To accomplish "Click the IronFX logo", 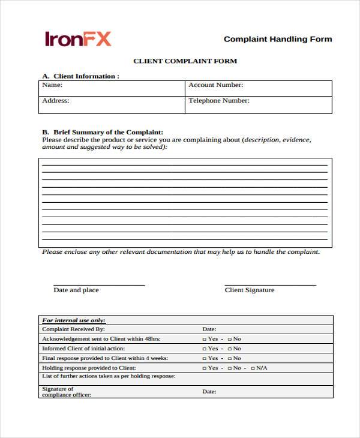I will click(x=78, y=39).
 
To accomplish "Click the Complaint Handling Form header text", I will click(x=277, y=39).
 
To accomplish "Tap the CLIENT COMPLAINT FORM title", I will click(x=185, y=61).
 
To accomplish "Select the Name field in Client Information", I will click(x=112, y=88).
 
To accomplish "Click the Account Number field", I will click(x=258, y=88).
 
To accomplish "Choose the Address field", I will click(x=112, y=104).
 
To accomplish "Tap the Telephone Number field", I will click(x=258, y=104).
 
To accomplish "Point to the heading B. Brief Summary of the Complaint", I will click(x=103, y=132).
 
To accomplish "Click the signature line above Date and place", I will click(x=99, y=285).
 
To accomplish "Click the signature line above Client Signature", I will click(x=270, y=285).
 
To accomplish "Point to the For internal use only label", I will click(x=74, y=320).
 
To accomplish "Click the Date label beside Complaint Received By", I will click(x=209, y=329).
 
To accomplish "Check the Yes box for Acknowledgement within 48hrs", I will click(x=205, y=339).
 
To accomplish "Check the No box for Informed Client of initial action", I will click(x=230, y=349).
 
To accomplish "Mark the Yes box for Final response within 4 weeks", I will click(x=205, y=358).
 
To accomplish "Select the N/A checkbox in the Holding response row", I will click(x=253, y=368).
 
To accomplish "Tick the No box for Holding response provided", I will click(x=230, y=368).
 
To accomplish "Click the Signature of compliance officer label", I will click(x=58, y=391).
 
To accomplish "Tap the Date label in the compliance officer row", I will click(x=209, y=392).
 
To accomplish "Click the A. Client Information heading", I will click(x=80, y=76).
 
